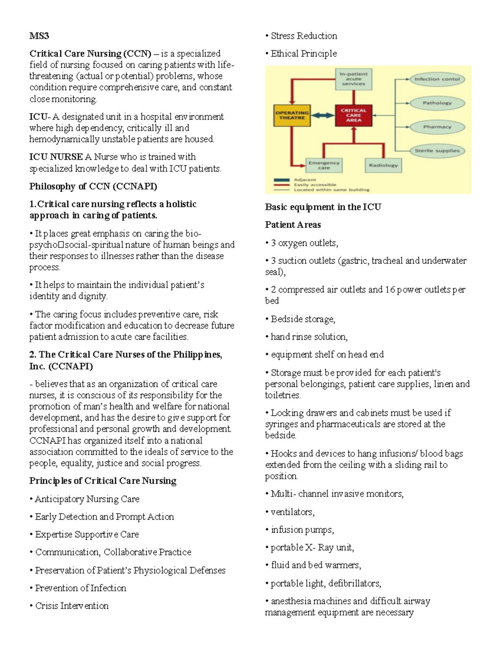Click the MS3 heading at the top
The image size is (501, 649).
(x=39, y=36)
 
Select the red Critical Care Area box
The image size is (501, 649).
(x=353, y=115)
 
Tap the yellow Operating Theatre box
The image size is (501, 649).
(x=292, y=115)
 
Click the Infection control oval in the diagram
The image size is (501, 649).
(x=437, y=79)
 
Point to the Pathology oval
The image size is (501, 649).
(x=437, y=103)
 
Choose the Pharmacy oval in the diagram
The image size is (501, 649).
(x=437, y=127)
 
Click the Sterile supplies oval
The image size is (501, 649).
(x=437, y=150)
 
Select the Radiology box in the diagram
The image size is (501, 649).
(x=383, y=165)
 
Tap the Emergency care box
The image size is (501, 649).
(x=324, y=165)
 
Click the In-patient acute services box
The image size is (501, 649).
(x=353, y=79)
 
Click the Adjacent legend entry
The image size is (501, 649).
(x=305, y=180)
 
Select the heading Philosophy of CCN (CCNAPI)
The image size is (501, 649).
(x=93, y=186)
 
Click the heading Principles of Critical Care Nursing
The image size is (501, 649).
(x=103, y=481)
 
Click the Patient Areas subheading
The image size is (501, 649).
(x=293, y=225)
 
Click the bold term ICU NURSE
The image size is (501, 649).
(x=56, y=157)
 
